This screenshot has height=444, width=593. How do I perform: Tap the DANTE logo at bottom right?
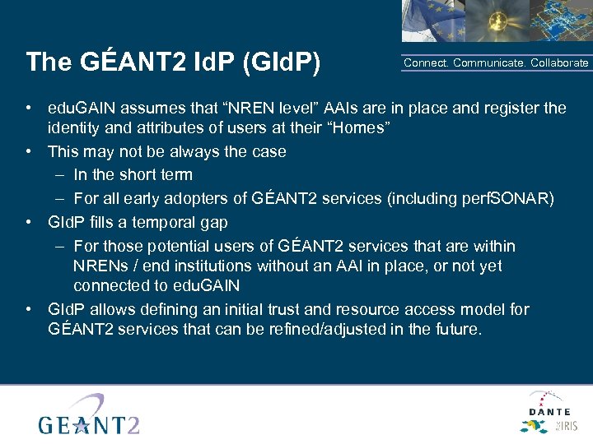(549, 411)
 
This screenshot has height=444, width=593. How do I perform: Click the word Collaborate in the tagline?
(559, 63)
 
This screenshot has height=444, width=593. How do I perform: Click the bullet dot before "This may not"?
(29, 151)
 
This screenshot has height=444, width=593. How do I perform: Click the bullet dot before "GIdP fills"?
(29, 222)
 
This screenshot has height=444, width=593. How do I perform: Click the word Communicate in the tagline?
(488, 63)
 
